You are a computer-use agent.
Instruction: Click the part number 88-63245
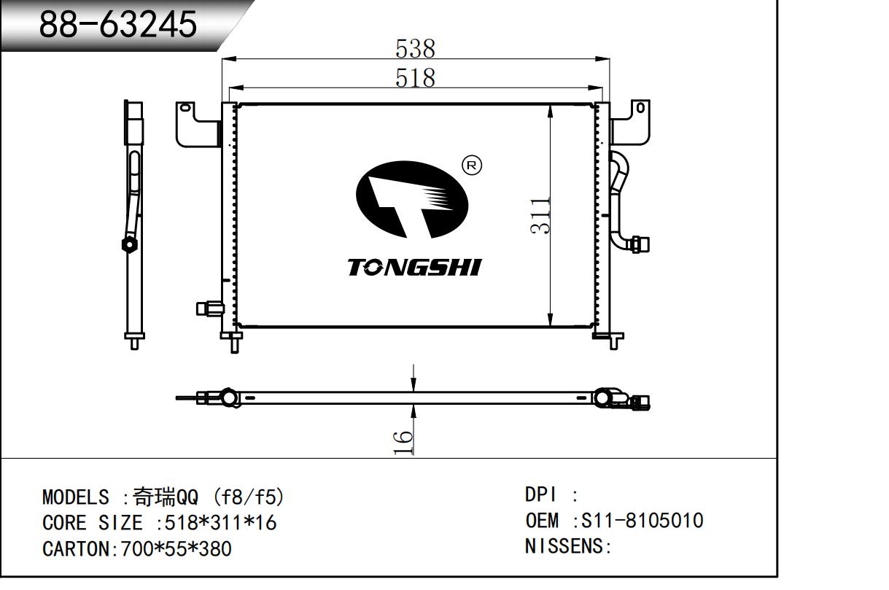click(118, 24)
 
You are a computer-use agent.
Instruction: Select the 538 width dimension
click(415, 49)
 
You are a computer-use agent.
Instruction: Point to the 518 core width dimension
click(415, 78)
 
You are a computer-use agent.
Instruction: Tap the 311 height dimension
click(540, 215)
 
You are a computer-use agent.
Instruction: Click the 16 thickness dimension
click(403, 442)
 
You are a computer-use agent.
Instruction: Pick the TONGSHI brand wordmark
click(415, 267)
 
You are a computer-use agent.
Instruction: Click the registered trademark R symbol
click(472, 165)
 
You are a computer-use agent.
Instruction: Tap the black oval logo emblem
click(412, 200)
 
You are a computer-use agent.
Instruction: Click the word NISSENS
click(564, 546)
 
